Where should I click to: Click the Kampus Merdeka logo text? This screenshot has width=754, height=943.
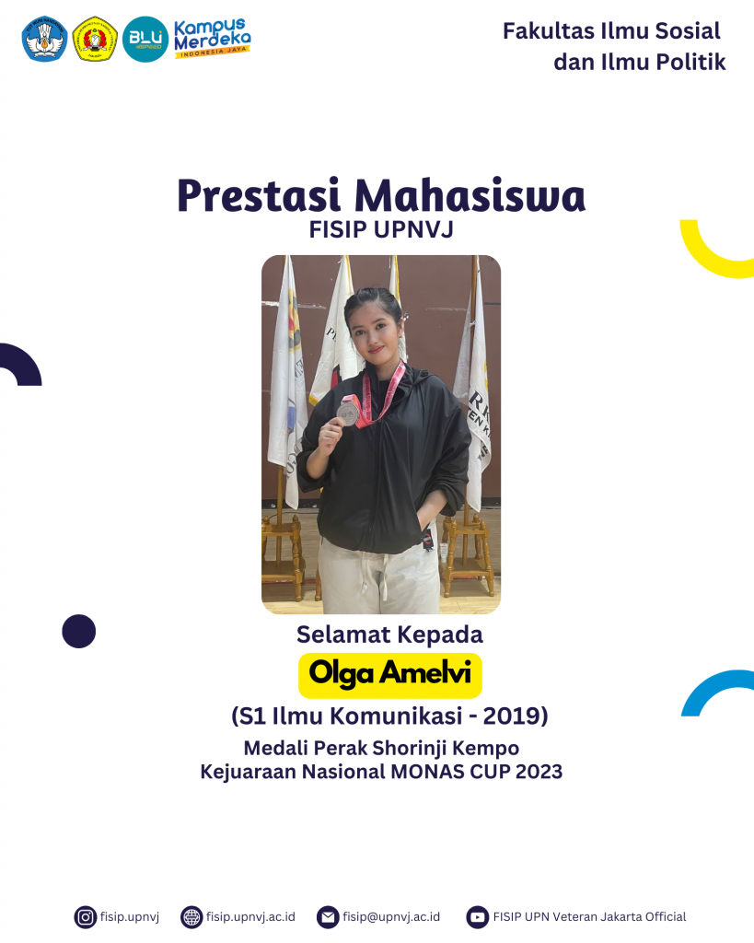click(212, 37)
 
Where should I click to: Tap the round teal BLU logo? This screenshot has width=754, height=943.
click(145, 40)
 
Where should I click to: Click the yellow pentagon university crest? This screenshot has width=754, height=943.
click(94, 40)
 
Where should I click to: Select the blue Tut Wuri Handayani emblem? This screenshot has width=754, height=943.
click(44, 40)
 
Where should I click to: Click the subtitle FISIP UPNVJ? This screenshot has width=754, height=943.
click(380, 231)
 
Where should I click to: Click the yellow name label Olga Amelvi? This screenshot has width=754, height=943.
click(390, 674)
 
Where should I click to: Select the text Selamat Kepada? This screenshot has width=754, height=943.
click(389, 634)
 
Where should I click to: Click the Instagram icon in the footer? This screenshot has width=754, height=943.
click(86, 916)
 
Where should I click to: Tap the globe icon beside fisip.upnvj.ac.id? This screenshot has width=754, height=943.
click(191, 916)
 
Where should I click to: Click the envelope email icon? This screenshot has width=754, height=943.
click(328, 916)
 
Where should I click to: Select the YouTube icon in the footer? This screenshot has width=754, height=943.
click(477, 916)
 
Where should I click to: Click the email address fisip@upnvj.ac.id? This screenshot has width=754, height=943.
click(391, 916)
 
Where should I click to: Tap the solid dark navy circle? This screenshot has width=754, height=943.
click(79, 631)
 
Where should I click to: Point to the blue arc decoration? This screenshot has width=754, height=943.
click(713, 686)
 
